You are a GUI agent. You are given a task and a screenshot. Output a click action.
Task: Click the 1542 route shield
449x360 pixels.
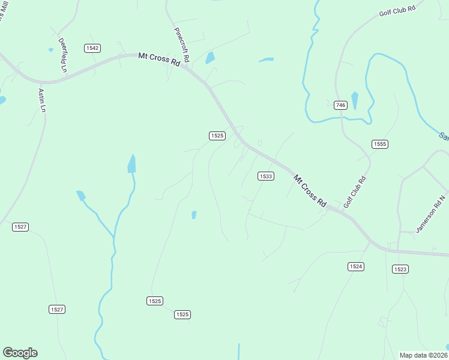tap(92, 48)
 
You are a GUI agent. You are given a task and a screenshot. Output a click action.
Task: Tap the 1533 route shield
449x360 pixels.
tap(266, 176)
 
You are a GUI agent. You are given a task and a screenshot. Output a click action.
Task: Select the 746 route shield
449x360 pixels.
tap(340, 105)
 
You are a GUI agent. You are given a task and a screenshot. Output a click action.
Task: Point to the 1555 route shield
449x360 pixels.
tap(380, 144)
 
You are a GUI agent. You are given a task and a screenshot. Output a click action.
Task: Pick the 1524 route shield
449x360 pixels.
tap(356, 266)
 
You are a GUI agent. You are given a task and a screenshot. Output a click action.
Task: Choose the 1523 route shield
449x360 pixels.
tap(400, 269)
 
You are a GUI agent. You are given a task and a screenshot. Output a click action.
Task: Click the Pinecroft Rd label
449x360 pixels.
tap(181, 45)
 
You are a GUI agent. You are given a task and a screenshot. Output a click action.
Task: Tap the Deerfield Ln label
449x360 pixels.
tap(62, 55)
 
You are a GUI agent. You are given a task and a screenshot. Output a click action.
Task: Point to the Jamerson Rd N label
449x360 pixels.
tap(432, 214)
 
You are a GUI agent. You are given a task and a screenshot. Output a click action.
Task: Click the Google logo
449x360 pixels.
tap(20, 353)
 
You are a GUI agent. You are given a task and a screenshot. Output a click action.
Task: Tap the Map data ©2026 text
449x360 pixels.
tap(423, 355)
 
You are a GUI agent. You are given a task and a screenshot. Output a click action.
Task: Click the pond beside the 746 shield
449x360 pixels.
tap(355, 100)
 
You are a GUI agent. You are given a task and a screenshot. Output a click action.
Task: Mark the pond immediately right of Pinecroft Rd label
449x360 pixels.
tap(210, 58)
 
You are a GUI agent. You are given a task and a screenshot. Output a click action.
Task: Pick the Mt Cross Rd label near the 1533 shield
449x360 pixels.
tap(310, 191)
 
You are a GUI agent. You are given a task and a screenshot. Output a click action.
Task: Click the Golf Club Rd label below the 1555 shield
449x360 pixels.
tap(355, 192)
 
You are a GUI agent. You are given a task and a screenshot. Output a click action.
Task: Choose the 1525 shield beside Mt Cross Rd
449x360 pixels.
tap(217, 136)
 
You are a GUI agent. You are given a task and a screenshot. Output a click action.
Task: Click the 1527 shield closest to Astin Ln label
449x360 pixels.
tap(20, 226)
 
